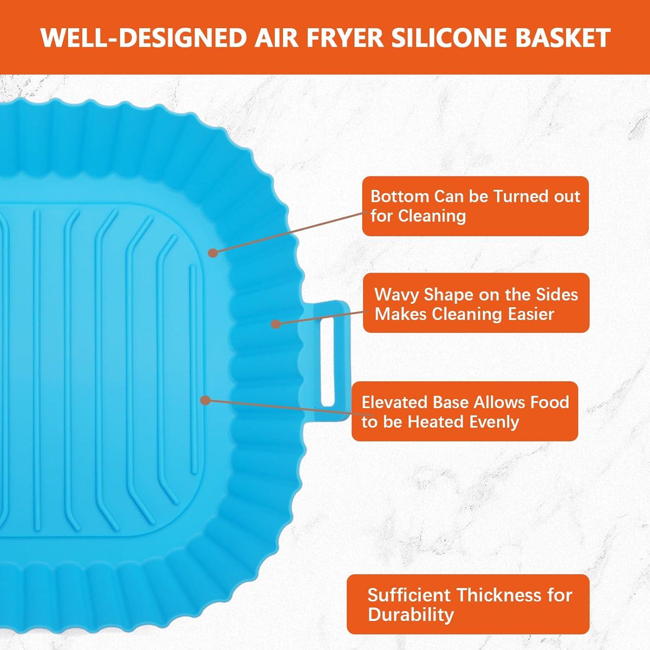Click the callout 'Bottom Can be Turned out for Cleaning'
pos(475,206)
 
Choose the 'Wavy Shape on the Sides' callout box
pos(476,303)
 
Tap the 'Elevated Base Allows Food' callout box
pos(465,411)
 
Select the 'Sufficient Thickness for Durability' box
pos(468,604)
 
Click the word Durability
pos(410,614)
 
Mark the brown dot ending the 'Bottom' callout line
pos(212,252)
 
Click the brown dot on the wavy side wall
pos(276,324)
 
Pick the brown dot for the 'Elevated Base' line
pos(206,400)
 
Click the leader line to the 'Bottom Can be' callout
pos(288,232)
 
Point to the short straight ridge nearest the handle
pos(193,364)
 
